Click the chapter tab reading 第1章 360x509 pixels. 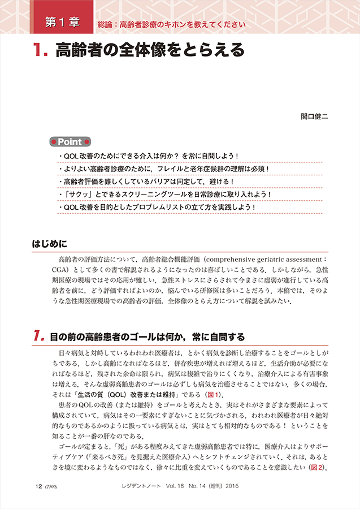pos(62,23)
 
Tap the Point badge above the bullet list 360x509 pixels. pos(70,142)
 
